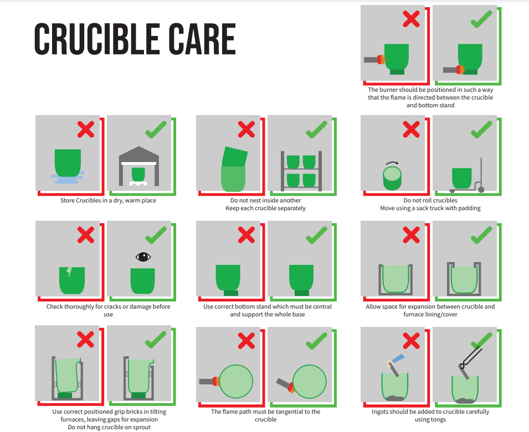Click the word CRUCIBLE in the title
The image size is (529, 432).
point(97,39)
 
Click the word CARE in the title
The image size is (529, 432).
point(202,39)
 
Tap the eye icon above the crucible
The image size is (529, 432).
point(143,257)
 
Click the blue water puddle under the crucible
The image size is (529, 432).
point(67,178)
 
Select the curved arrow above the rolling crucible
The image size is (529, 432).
point(392,163)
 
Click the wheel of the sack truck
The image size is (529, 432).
point(481,190)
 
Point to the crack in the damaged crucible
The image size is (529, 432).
point(69,272)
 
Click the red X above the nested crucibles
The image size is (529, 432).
point(246,129)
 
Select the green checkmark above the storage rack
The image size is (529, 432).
point(316,129)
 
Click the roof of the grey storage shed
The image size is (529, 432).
point(139,154)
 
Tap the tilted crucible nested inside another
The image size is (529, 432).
point(234,157)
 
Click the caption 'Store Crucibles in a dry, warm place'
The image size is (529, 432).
point(109,200)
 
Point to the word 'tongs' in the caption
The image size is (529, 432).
point(438,419)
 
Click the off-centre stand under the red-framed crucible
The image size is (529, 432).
point(231,293)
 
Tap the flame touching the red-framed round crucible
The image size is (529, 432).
point(215,382)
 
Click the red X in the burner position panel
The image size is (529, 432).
point(411,19)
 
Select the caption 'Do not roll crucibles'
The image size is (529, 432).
point(430,200)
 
